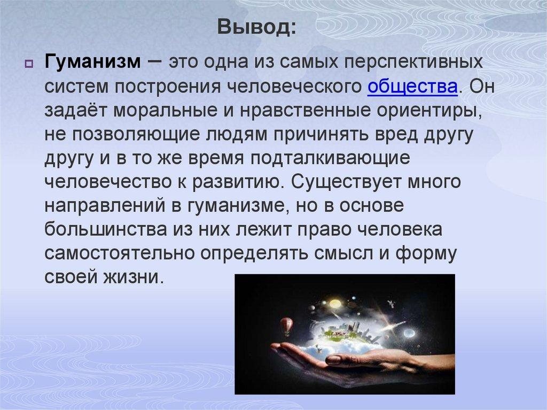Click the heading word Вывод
(256, 26)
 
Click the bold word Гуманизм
(92, 63)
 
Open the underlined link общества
(411, 87)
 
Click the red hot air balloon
(287, 324)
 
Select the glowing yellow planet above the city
(335, 303)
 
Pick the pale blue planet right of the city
(410, 333)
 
